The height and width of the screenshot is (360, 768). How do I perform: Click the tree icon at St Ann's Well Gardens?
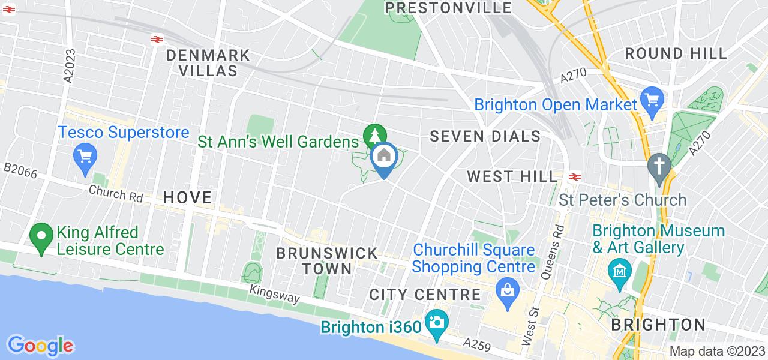(x=374, y=134)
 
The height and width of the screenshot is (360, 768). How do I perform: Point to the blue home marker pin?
(x=383, y=158)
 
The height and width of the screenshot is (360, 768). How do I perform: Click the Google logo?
(x=40, y=346)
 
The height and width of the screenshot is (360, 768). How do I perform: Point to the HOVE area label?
(x=188, y=197)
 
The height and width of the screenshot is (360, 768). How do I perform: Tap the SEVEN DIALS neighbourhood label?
(x=485, y=137)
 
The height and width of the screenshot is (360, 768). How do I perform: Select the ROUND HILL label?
(x=676, y=53)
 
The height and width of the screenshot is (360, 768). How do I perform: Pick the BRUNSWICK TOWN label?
(x=327, y=260)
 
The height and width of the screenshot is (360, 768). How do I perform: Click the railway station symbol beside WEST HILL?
(x=575, y=176)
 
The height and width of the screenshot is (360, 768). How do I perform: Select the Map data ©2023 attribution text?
(x=717, y=352)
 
